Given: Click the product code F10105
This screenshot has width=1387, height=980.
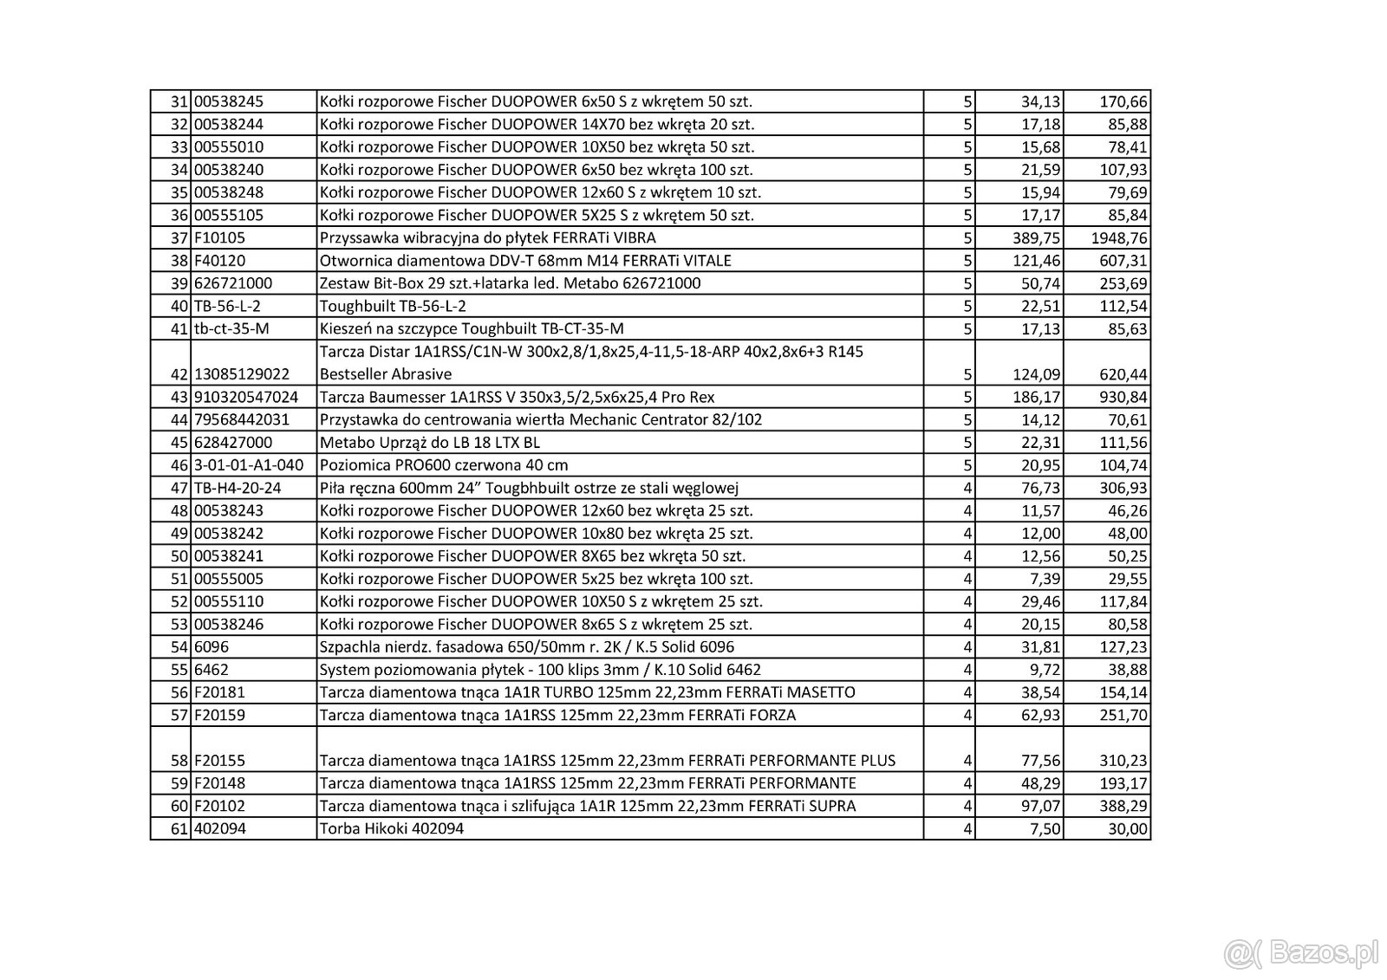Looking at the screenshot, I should click(220, 238).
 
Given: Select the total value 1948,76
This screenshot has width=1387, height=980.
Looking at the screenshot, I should click(1118, 238).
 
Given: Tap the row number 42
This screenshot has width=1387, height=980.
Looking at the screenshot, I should click(179, 374).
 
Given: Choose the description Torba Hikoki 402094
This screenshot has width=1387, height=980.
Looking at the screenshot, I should click(392, 828).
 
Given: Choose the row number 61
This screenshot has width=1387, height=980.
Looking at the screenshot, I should click(179, 829).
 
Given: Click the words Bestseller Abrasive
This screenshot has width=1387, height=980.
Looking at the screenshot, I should click(386, 374).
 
